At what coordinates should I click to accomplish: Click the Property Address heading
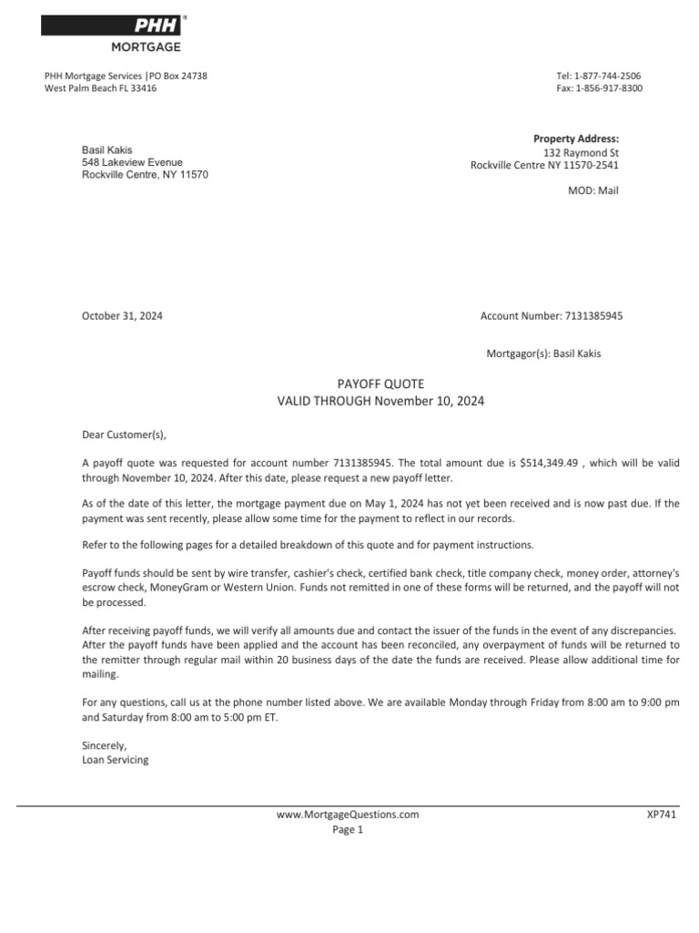pos(575,138)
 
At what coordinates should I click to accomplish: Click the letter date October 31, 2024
pos(122,316)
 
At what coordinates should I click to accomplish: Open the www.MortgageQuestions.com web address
pos(349,815)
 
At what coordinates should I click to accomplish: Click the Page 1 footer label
pos(348,830)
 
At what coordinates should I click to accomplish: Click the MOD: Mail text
pos(593,191)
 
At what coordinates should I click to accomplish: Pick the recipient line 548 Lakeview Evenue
pos(132,162)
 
